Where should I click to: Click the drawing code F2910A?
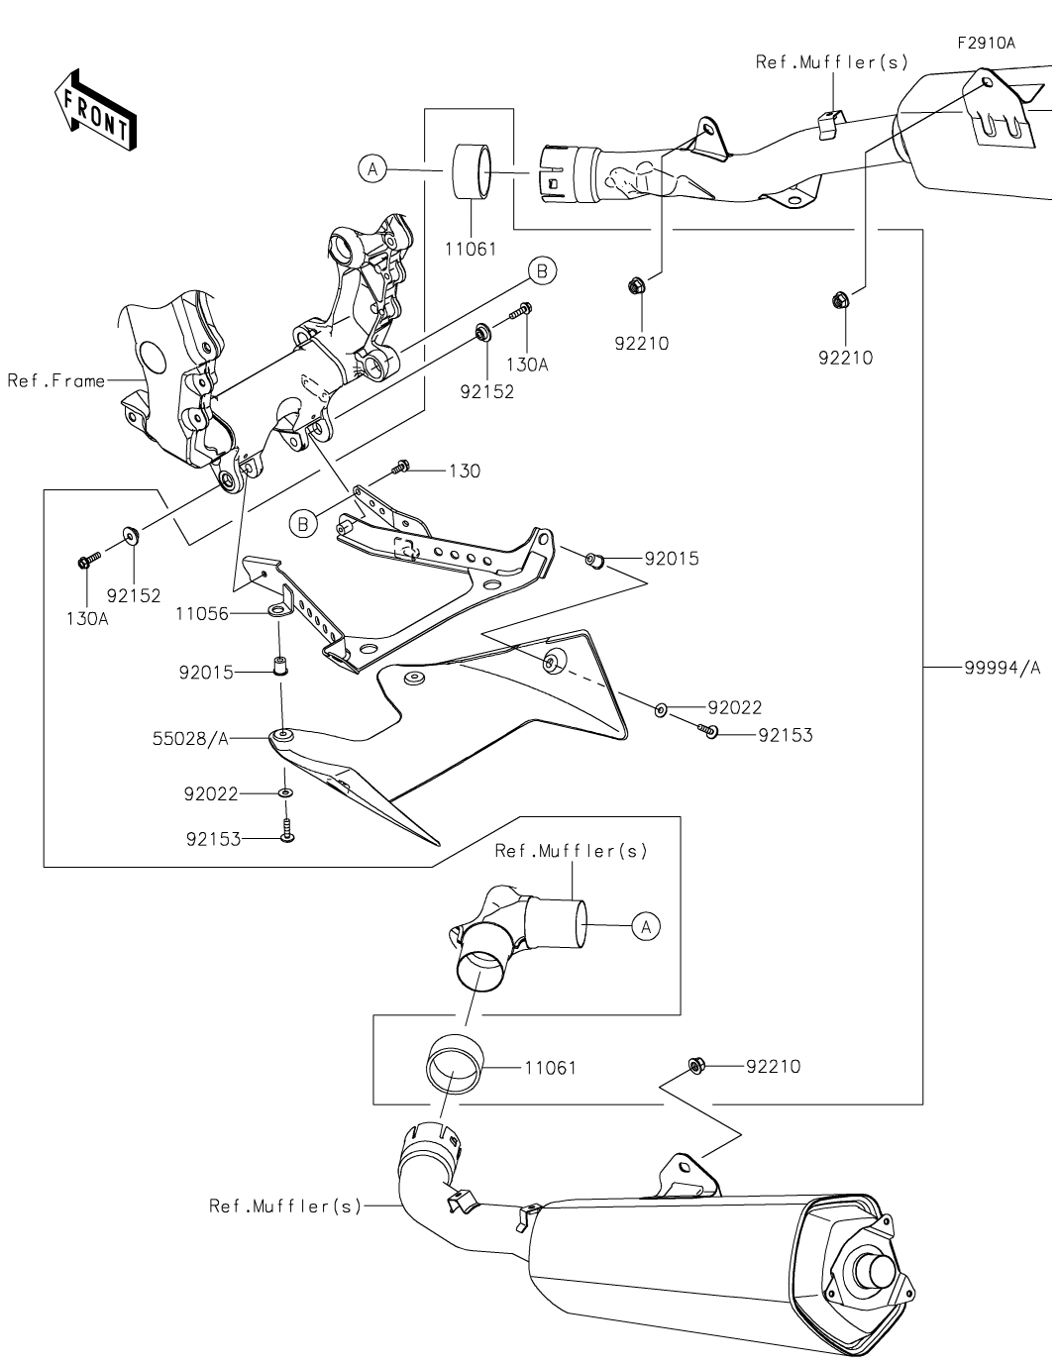click(986, 44)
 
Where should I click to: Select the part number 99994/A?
click(1002, 668)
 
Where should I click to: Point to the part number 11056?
click(202, 614)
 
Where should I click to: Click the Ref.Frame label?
click(55, 380)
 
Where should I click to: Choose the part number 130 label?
click(465, 472)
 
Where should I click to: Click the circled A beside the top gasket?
click(371, 170)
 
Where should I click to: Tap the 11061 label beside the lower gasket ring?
click(550, 1068)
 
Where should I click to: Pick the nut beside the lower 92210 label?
click(696, 1066)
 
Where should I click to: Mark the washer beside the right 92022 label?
click(660, 708)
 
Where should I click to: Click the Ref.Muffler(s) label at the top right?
click(831, 61)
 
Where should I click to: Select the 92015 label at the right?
click(672, 559)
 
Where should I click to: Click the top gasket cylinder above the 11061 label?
click(474, 172)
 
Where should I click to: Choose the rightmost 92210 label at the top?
click(845, 359)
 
